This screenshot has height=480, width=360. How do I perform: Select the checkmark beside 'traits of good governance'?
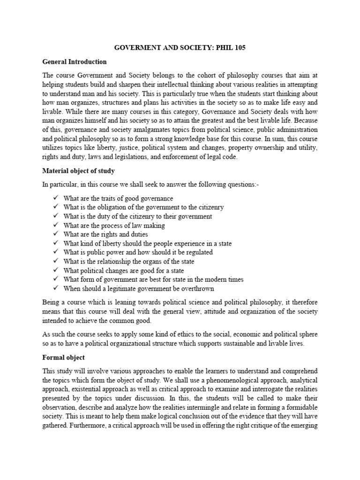pos(55,198)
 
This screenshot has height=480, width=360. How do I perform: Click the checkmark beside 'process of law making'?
pos(55,225)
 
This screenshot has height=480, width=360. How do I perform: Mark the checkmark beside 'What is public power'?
pos(55,252)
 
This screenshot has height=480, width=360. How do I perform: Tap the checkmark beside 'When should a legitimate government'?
pos(55,288)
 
